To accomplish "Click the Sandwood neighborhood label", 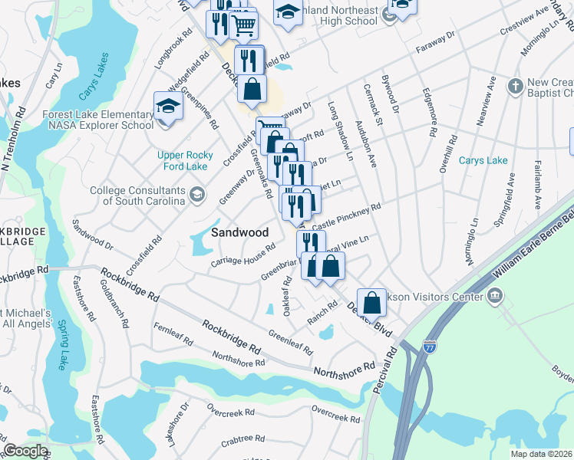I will coord(239,232).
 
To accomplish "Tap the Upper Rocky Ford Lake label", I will coord(185,160).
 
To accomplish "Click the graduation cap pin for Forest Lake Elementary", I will coord(168,107).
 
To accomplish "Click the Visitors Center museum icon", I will coord(495,294).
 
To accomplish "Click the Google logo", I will coord(26,451).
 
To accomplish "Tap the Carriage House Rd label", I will coord(243,258).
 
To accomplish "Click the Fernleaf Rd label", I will coord(171,338).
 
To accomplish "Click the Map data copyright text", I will coord(541,454).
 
